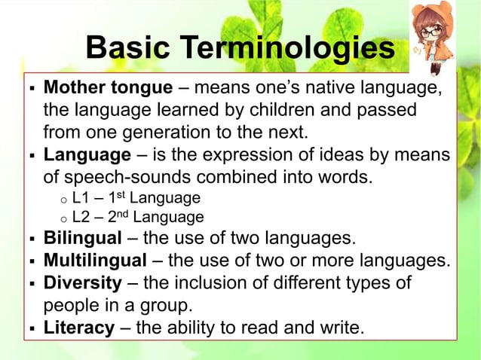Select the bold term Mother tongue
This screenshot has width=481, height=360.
pos(108,88)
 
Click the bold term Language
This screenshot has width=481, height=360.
pos(87,156)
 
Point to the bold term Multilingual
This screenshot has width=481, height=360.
pos(95,261)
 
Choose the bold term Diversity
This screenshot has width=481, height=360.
pos(83,284)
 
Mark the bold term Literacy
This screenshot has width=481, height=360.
pos(80,328)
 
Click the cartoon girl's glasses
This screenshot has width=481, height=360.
pos(432,32)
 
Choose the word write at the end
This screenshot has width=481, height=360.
pos(343,328)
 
